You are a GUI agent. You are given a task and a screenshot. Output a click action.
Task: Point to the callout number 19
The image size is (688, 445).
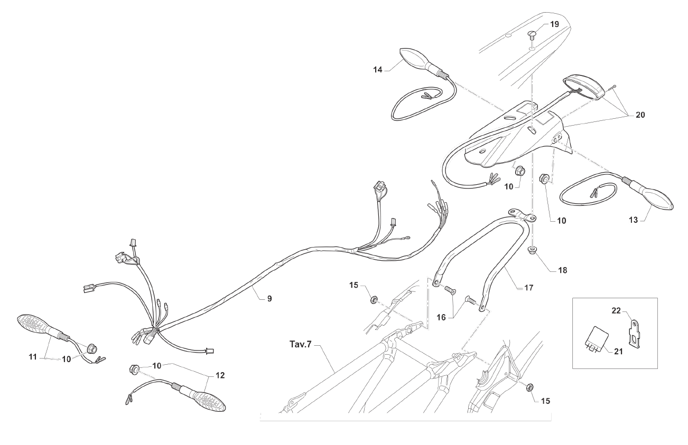coord(553,24)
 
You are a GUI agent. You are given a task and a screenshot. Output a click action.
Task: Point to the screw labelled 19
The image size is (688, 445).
coord(533,35)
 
